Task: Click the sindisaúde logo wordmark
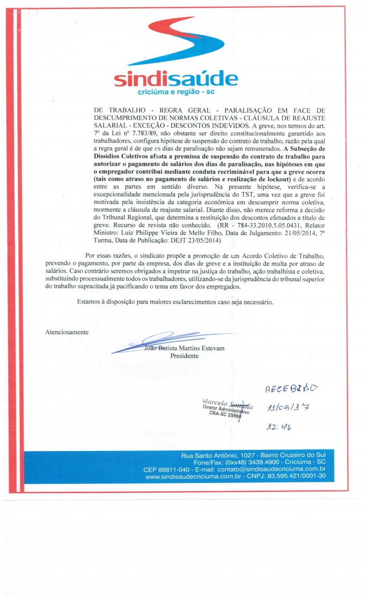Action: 176,80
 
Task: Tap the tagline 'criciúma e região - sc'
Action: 176,93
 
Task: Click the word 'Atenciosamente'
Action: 67,332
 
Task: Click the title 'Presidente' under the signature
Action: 184,356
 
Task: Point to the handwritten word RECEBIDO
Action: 292,389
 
